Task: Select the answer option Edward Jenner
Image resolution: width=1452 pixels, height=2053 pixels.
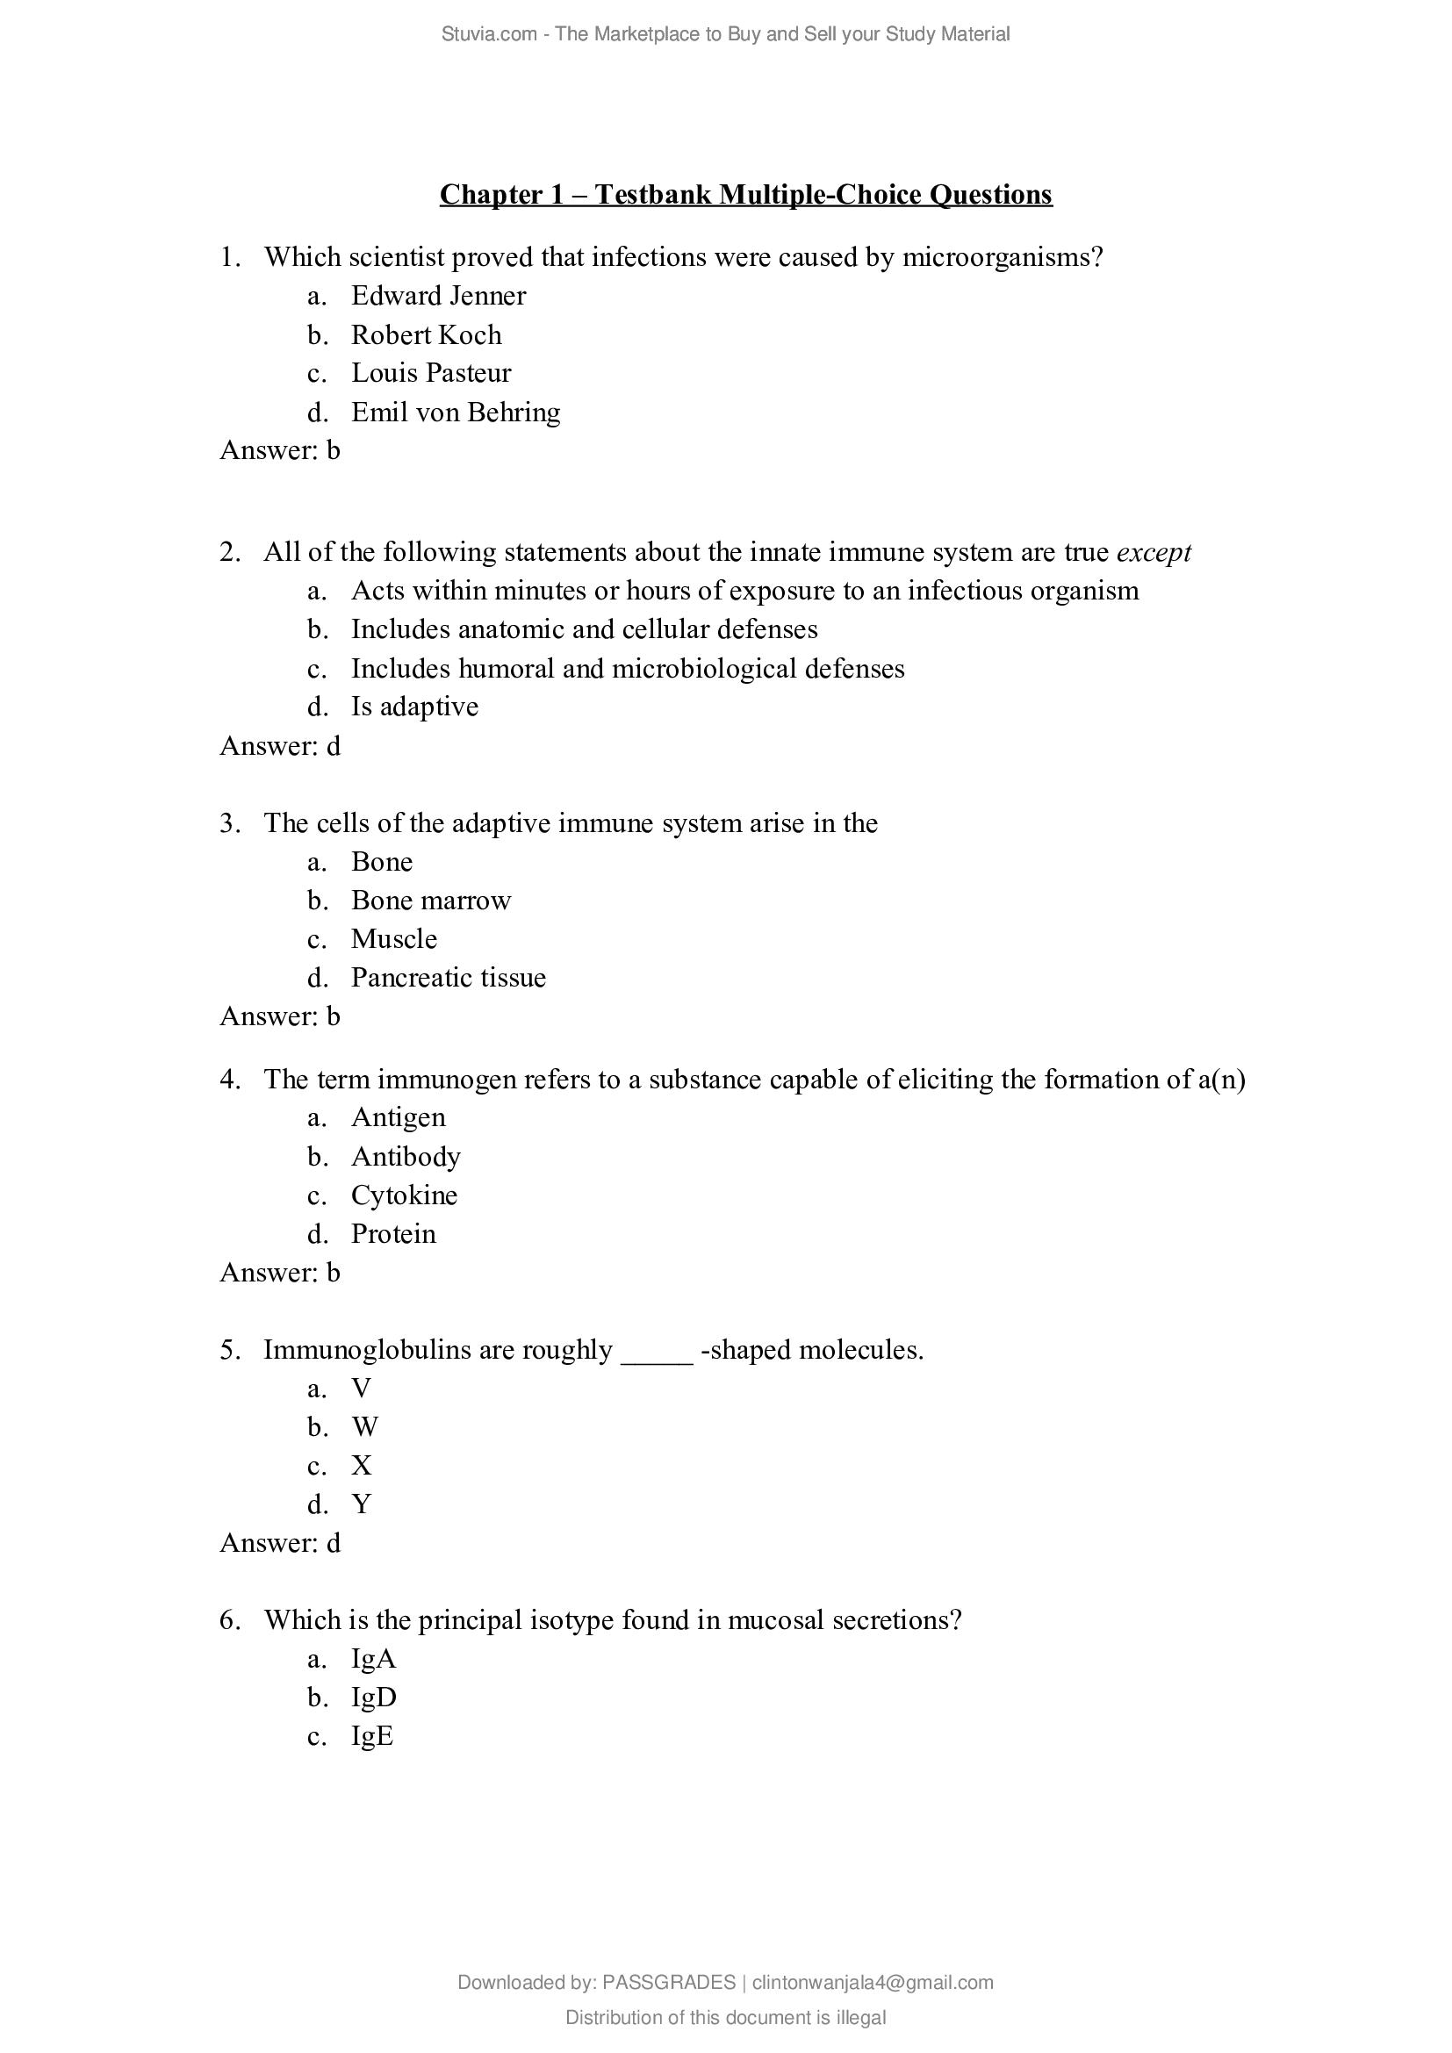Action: click(x=438, y=296)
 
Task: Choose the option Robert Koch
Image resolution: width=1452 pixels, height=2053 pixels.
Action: click(x=426, y=335)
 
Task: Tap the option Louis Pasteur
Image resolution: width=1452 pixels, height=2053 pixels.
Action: click(x=431, y=373)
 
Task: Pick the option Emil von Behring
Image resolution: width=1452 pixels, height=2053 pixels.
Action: click(x=455, y=413)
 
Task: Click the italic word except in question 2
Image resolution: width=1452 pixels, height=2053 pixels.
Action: click(x=1154, y=553)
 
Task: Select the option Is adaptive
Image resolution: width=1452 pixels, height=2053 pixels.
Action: click(x=414, y=707)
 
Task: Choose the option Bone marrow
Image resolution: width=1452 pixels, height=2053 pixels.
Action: click(x=430, y=901)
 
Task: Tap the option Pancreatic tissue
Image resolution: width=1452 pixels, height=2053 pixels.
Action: click(x=448, y=977)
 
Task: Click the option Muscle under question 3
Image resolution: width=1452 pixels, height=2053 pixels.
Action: click(x=393, y=939)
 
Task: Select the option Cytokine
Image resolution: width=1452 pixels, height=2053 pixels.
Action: click(x=403, y=1195)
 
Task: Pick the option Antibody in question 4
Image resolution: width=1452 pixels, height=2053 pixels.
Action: click(x=405, y=1157)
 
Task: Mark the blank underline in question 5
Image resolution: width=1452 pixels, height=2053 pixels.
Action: click(x=657, y=1352)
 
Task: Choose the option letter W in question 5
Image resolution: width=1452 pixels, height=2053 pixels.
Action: click(x=365, y=1427)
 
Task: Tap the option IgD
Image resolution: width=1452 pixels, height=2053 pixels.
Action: click(x=374, y=1698)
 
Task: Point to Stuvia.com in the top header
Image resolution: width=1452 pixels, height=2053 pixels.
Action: click(x=488, y=34)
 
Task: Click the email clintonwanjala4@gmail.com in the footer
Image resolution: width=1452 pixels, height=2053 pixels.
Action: click(x=873, y=1983)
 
